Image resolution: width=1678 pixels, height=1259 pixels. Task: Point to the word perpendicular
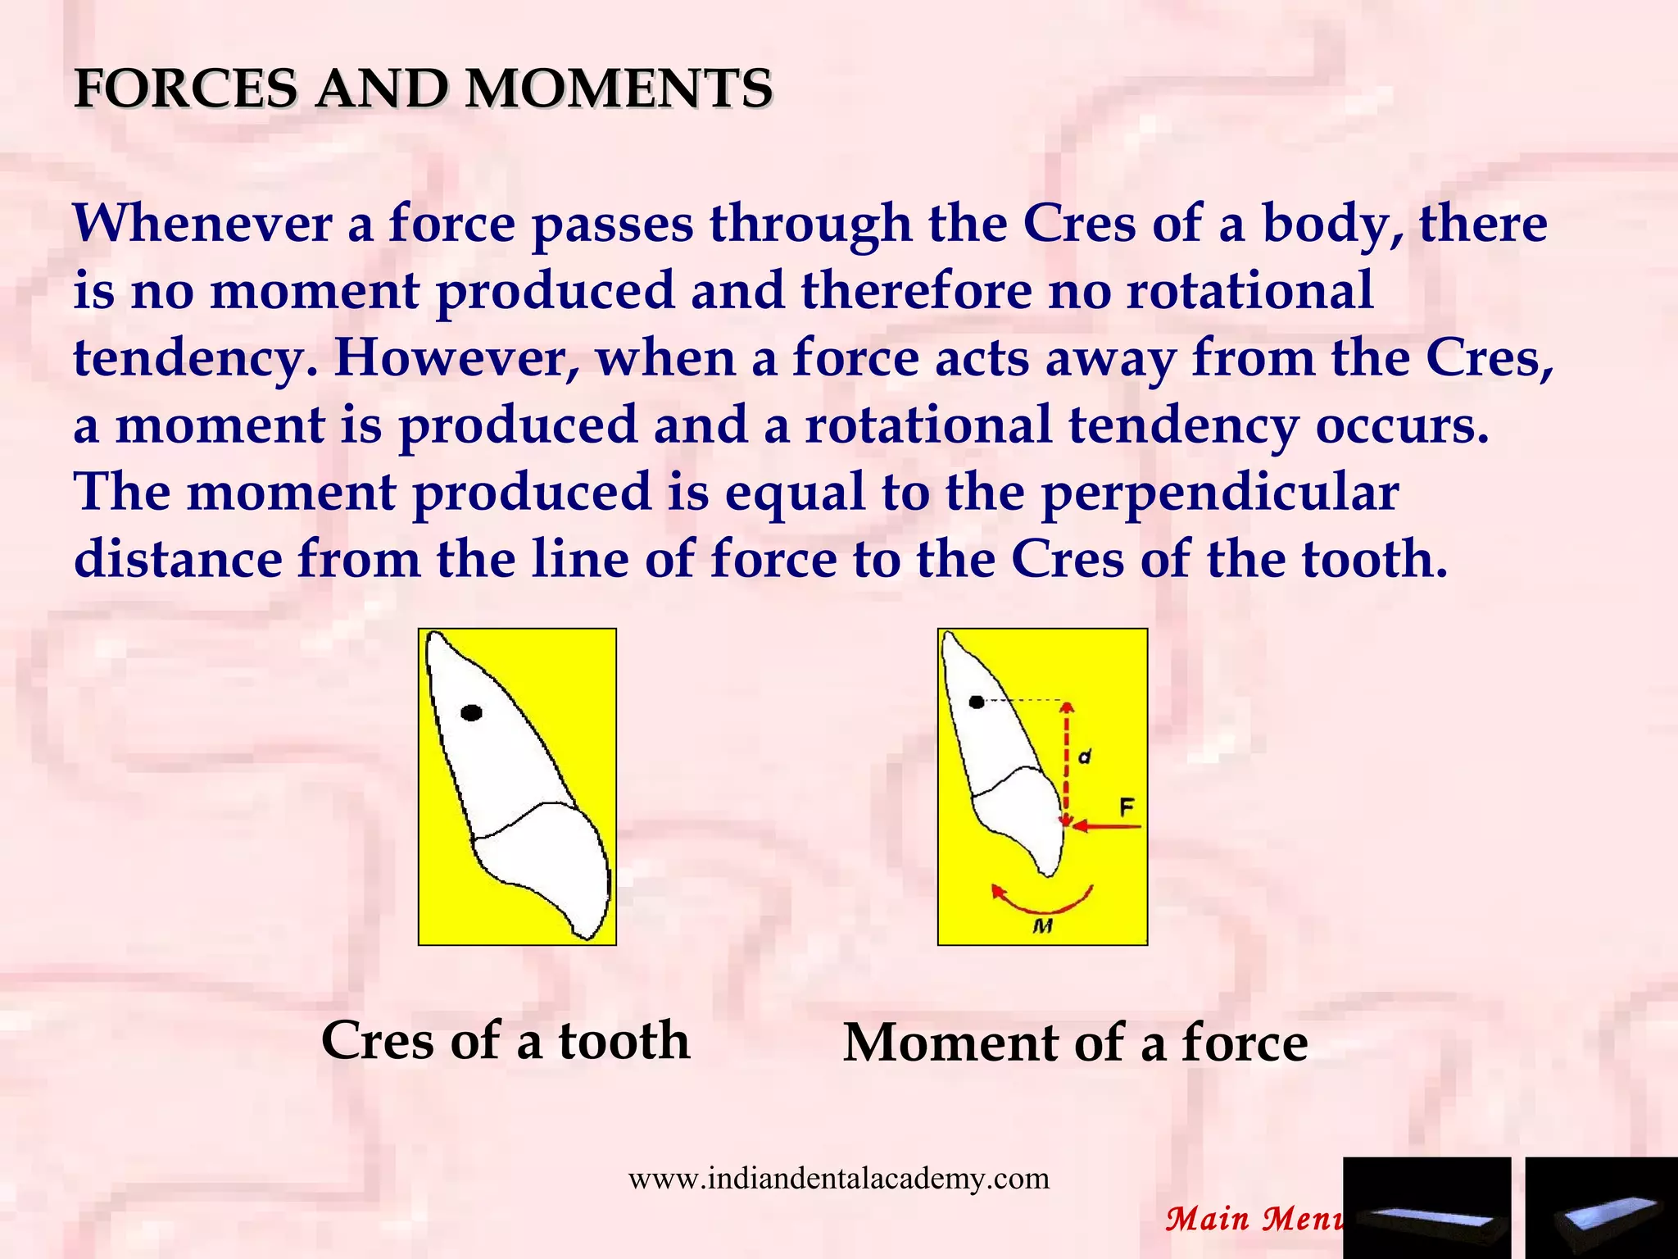[1220, 493]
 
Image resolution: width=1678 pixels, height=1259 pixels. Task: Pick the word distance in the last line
[178, 560]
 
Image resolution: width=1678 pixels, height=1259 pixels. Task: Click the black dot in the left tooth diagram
[471, 713]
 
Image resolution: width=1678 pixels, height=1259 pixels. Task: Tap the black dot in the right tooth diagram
[976, 702]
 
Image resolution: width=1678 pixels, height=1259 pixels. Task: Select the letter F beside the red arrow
[1127, 807]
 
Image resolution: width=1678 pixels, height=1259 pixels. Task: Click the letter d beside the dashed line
[1085, 757]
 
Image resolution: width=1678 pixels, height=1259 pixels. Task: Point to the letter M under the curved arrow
[1042, 926]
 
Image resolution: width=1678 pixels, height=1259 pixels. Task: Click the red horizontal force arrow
[1106, 826]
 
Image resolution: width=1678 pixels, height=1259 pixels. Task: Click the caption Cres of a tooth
[506, 1041]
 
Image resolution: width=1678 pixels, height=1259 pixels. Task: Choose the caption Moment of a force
[1075, 1043]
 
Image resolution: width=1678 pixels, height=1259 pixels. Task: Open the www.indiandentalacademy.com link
[838, 1179]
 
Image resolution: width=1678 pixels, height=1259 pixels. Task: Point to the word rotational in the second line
[1249, 291]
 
